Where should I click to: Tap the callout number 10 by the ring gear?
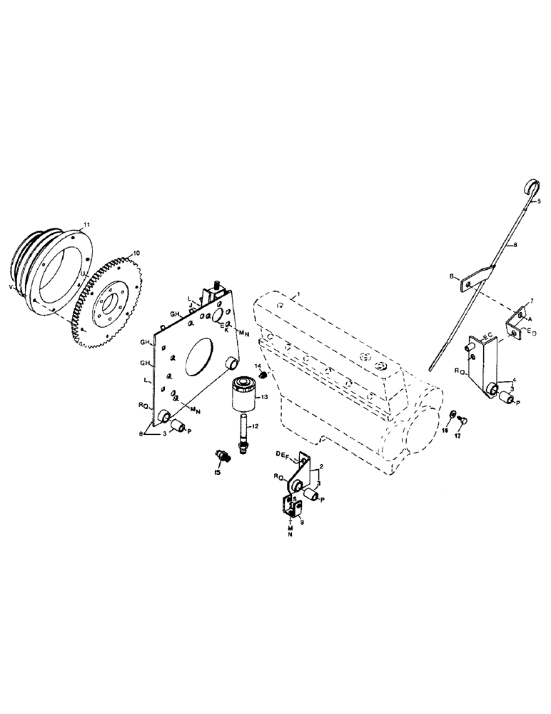tap(137, 253)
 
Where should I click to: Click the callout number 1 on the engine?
tap(300, 293)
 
